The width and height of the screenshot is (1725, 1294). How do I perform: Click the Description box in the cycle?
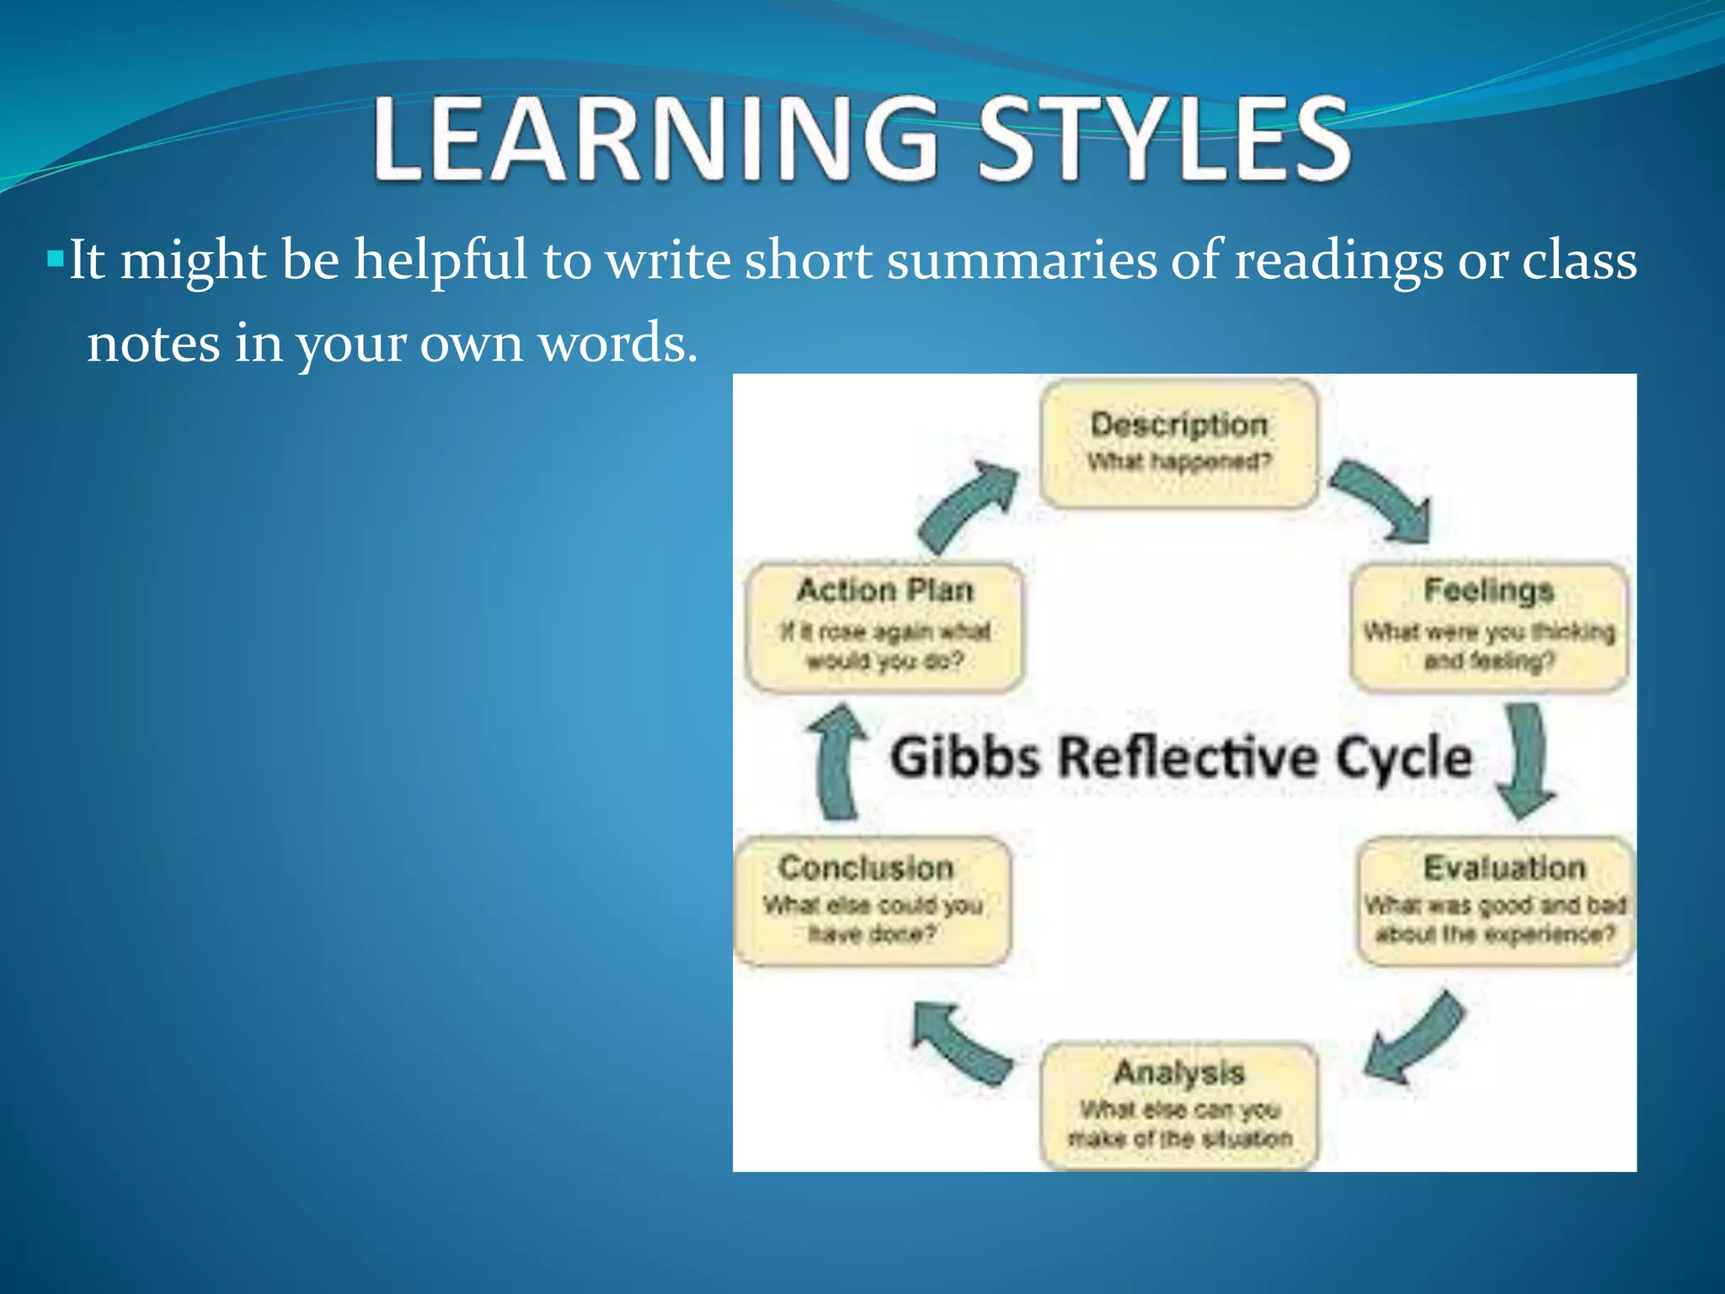pyautogui.click(x=1178, y=443)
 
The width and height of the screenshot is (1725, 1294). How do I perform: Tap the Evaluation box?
pyautogui.click(x=1496, y=901)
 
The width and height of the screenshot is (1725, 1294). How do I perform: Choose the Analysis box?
pyautogui.click(x=1178, y=1104)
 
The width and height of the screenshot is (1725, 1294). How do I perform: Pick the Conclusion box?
pyautogui.click(x=873, y=901)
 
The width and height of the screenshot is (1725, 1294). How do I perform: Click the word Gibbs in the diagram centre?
pyautogui.click(x=965, y=757)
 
